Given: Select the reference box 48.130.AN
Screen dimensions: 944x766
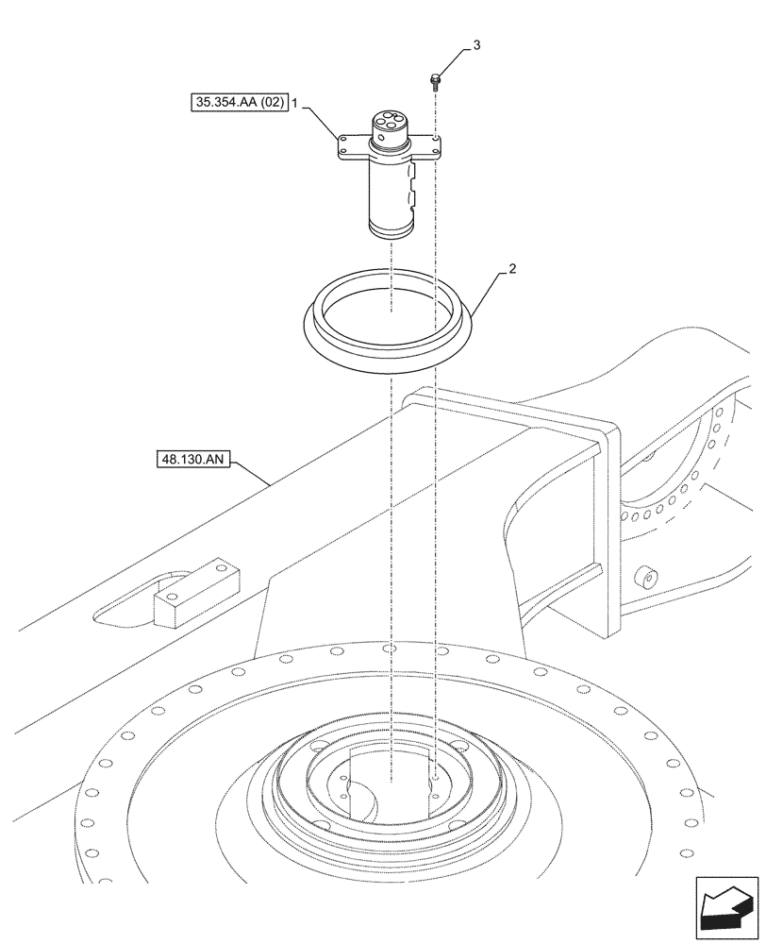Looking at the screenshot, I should point(191,461).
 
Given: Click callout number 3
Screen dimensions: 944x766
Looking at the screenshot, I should point(476,45).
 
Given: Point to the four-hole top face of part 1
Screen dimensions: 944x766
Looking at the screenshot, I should point(388,123).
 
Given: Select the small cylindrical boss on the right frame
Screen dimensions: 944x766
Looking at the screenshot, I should point(646,577).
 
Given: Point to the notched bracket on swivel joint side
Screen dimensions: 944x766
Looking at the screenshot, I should point(412,184).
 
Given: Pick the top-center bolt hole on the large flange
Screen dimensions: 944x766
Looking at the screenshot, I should point(390,649).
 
